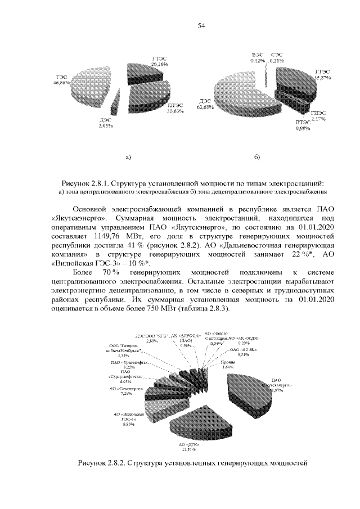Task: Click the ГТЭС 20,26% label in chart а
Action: tap(160, 61)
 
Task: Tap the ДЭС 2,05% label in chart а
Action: tap(106, 123)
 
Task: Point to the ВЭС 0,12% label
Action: tap(258, 56)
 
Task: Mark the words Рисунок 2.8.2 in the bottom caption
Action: tap(100, 463)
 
